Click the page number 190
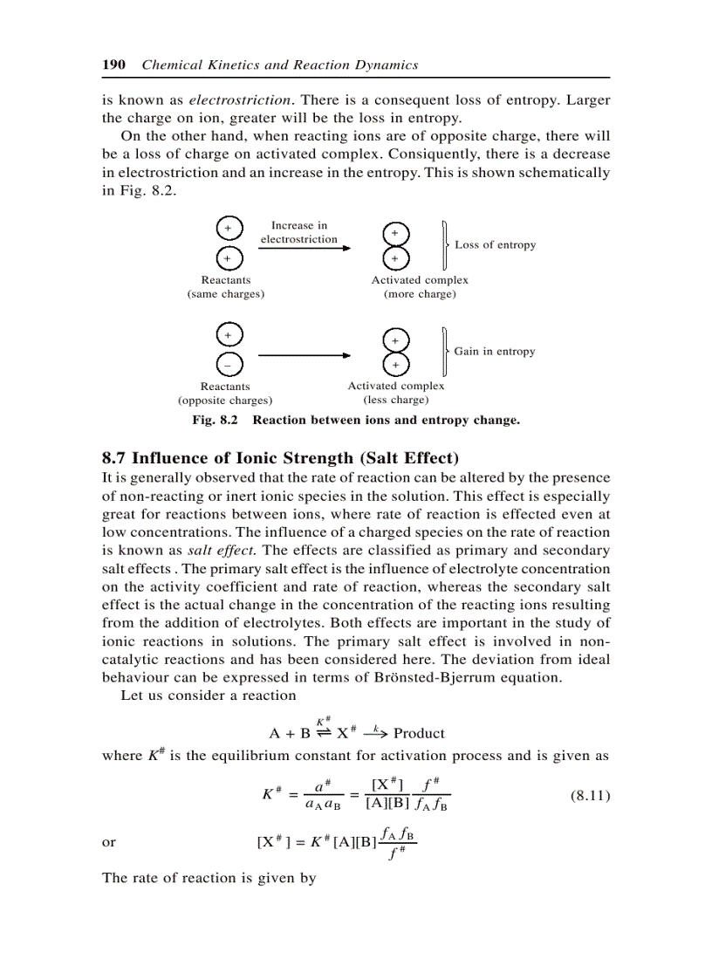tap(115, 65)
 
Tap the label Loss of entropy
tap(495, 245)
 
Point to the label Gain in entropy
tap(494, 352)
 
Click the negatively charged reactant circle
tap(226, 364)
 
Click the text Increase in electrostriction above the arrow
tap(298, 232)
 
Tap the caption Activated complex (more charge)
tap(420, 287)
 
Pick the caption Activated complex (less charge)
tap(395, 393)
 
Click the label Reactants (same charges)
tap(226, 287)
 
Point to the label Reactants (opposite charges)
tap(225, 394)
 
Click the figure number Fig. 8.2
tap(215, 421)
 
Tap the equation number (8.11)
tap(589, 796)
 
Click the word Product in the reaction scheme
tap(419, 733)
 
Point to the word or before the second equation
tap(109, 843)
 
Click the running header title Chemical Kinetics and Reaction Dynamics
tap(279, 65)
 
